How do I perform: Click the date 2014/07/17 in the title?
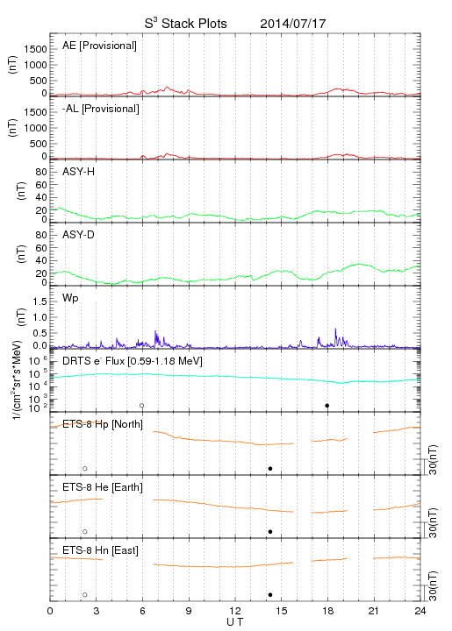[x=293, y=24]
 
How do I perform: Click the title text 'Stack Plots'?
[x=194, y=24]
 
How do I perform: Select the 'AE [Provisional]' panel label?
[x=99, y=46]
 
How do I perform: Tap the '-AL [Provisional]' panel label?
[x=101, y=109]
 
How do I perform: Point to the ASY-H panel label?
[x=79, y=172]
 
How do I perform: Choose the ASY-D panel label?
[x=79, y=235]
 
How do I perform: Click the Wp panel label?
[x=70, y=299]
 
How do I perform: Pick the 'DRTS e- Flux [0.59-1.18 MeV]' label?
[x=133, y=361]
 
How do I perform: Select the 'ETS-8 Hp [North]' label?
[x=103, y=424]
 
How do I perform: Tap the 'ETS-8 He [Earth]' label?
[x=103, y=487]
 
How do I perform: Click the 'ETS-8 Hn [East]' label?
[x=100, y=550]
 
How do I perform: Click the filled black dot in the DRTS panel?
[x=327, y=406]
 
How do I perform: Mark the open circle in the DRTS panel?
[x=142, y=406]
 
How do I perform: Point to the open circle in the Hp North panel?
[x=85, y=469]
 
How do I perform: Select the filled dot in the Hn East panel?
[x=270, y=595]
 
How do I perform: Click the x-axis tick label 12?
[x=235, y=611]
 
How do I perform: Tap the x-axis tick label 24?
[x=420, y=611]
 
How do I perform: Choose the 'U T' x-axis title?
[x=235, y=622]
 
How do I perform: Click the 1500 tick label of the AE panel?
[x=35, y=49]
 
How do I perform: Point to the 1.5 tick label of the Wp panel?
[x=39, y=301]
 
